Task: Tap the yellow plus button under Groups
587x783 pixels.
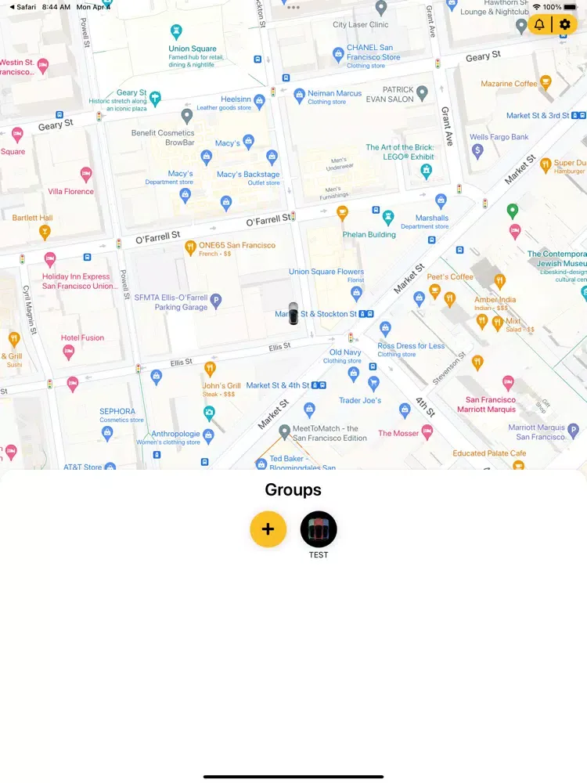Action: click(x=268, y=529)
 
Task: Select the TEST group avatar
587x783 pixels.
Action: click(x=319, y=529)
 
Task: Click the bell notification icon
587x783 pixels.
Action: click(x=539, y=24)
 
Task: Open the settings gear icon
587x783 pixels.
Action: click(x=565, y=24)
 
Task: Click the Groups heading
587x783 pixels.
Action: click(x=293, y=490)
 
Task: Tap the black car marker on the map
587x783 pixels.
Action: click(x=293, y=313)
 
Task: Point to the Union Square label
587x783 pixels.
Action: click(x=192, y=49)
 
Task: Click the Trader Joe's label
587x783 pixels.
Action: click(x=360, y=400)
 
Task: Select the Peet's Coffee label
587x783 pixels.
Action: click(x=450, y=276)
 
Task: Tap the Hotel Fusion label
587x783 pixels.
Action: click(x=82, y=337)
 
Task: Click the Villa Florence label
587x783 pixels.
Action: click(x=70, y=191)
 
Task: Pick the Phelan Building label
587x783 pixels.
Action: click(x=369, y=234)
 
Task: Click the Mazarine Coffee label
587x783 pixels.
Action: click(x=509, y=84)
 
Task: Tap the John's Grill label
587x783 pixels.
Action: click(x=221, y=385)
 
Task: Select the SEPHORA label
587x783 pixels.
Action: click(x=117, y=411)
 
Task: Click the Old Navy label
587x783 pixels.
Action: click(x=345, y=352)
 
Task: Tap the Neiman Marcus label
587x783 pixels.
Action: click(x=334, y=93)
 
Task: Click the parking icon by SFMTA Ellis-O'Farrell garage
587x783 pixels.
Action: click(x=216, y=299)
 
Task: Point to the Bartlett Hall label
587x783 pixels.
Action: click(x=32, y=218)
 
